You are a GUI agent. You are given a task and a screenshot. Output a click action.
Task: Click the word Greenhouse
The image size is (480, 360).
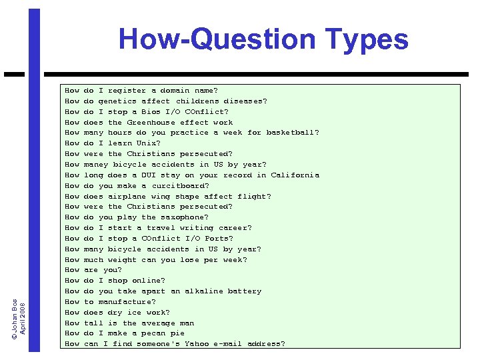tap(151, 122)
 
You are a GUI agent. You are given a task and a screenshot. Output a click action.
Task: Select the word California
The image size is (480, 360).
tap(295, 175)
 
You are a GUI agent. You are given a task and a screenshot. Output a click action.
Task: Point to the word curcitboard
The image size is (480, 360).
tap(179, 185)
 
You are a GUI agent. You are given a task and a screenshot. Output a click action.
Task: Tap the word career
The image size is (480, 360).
tap(232, 227)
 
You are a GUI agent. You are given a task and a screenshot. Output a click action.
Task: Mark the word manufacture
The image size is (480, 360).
tap(127, 301)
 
